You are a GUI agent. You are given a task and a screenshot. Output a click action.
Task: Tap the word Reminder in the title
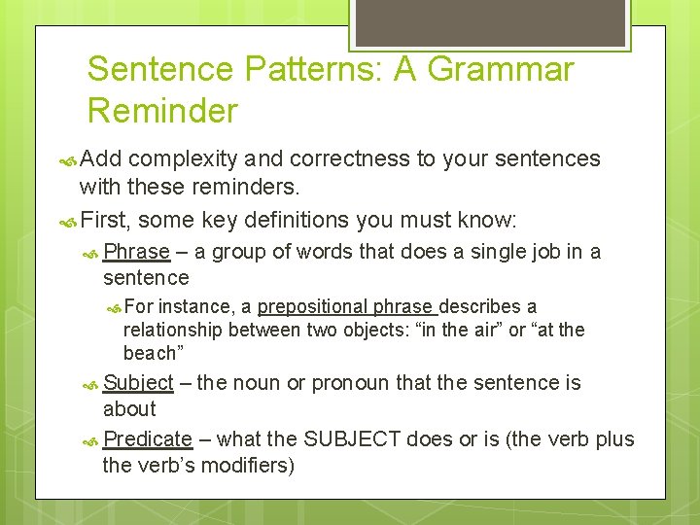click(161, 111)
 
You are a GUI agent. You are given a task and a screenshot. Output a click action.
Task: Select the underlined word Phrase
click(136, 252)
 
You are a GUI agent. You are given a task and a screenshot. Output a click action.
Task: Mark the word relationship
click(173, 331)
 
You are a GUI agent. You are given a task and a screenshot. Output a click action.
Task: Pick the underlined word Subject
click(138, 383)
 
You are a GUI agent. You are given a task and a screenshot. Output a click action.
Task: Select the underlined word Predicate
click(147, 439)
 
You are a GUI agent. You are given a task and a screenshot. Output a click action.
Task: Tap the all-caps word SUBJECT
click(352, 439)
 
